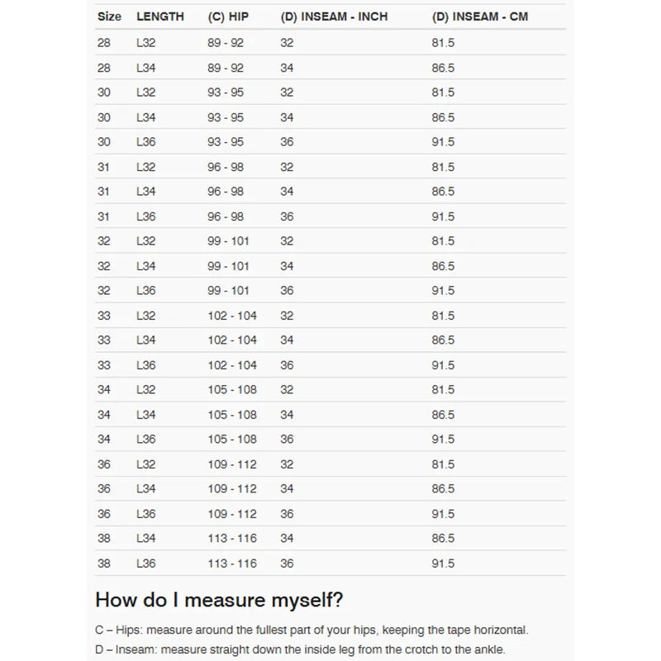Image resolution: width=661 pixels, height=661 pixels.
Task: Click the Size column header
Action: coord(109,17)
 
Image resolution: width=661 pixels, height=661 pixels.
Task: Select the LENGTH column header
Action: coord(160,17)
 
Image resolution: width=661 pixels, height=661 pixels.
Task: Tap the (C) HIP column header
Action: coord(228,17)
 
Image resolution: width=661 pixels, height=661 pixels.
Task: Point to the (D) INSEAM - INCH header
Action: coord(334,17)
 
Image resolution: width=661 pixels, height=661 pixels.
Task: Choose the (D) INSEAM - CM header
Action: coord(480,17)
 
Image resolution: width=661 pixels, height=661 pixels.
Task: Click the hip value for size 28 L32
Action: coord(226,43)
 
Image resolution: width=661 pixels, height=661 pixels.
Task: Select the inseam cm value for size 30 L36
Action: coord(443,142)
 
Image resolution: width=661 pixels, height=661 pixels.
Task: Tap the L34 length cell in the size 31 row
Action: coord(145,192)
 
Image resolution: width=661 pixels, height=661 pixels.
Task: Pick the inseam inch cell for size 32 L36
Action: coord(287,291)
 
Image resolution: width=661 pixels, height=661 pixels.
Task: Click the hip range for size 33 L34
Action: coord(232,340)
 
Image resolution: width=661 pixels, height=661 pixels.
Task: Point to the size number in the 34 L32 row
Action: coord(104,390)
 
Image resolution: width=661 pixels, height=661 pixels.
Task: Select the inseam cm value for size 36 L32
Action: coord(443,464)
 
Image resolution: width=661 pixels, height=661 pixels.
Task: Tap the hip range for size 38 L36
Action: coord(232,564)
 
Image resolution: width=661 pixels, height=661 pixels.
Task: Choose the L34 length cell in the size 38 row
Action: coord(145,539)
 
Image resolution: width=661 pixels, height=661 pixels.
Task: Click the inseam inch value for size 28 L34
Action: coord(287,68)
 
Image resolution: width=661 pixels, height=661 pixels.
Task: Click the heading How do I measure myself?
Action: coord(219,600)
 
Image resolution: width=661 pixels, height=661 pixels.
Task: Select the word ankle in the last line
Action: coord(487,649)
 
